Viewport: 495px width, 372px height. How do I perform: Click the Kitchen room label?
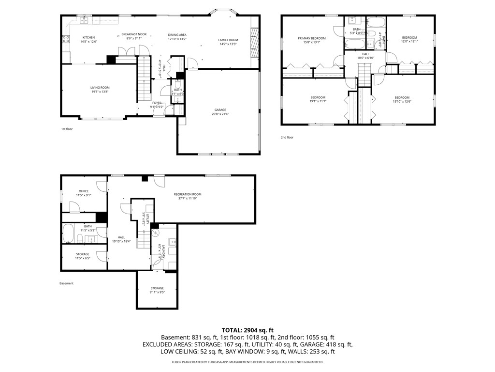pos(88,37)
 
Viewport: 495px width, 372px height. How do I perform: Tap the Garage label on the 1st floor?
pos(220,110)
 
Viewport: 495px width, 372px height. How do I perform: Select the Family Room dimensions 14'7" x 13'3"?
pos(228,44)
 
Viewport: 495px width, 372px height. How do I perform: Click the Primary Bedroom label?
pos(311,38)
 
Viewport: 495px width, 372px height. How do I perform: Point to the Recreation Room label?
pos(188,194)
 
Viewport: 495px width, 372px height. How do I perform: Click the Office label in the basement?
pos(84,191)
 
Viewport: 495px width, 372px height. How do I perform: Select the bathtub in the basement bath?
pos(68,233)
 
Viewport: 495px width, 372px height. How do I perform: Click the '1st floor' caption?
pos(67,129)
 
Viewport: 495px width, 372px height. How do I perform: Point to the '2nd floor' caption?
pos(287,138)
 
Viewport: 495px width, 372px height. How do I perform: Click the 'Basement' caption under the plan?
pos(67,283)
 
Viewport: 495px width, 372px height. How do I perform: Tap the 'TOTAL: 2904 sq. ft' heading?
pos(247,329)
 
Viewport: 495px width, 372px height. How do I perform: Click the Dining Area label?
pos(177,35)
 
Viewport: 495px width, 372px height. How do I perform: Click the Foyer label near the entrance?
pos(157,103)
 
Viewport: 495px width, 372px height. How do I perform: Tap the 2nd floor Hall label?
pos(365,54)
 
